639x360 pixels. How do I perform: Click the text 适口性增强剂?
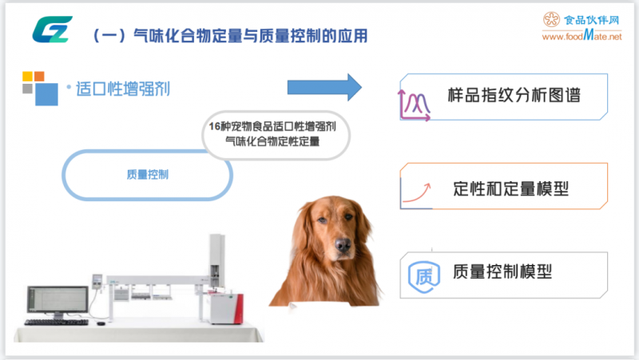[122, 88]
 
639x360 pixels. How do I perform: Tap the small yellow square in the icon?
[27, 77]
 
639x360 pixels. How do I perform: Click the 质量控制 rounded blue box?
[147, 174]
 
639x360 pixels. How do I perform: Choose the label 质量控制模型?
[502, 271]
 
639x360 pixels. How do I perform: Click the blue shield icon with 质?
[420, 275]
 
